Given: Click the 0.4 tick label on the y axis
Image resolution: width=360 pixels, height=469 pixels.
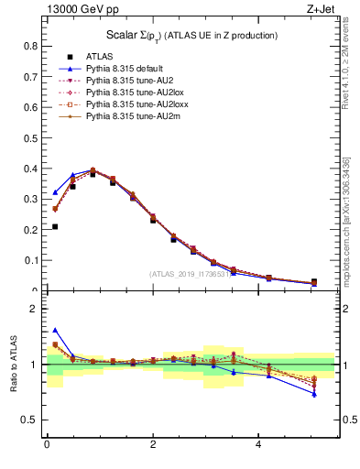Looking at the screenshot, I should click(31, 169).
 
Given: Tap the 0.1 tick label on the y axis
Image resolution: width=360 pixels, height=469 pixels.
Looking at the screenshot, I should click(31, 260).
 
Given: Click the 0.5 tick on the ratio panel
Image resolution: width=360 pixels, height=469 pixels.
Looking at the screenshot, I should click(31, 420).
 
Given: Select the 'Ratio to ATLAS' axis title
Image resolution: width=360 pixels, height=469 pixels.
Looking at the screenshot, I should click(13, 364).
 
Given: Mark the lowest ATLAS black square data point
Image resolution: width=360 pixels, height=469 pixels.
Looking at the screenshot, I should click(55, 226).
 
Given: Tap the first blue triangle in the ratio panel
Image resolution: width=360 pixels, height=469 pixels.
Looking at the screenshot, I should click(55, 330).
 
